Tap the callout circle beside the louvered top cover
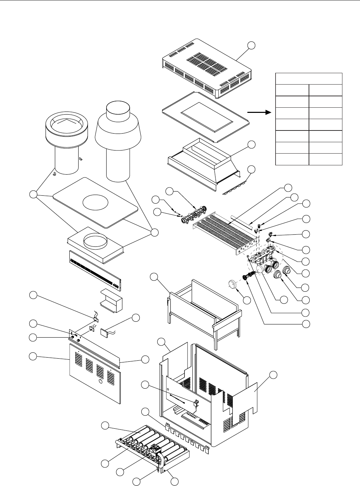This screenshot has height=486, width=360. [252, 45]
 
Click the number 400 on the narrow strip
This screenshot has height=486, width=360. [115, 282]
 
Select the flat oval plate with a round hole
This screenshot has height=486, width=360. [95, 202]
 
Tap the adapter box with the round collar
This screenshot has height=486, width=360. [95, 242]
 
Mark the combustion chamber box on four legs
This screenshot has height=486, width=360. [202, 311]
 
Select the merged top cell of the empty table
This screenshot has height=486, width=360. [309, 79]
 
